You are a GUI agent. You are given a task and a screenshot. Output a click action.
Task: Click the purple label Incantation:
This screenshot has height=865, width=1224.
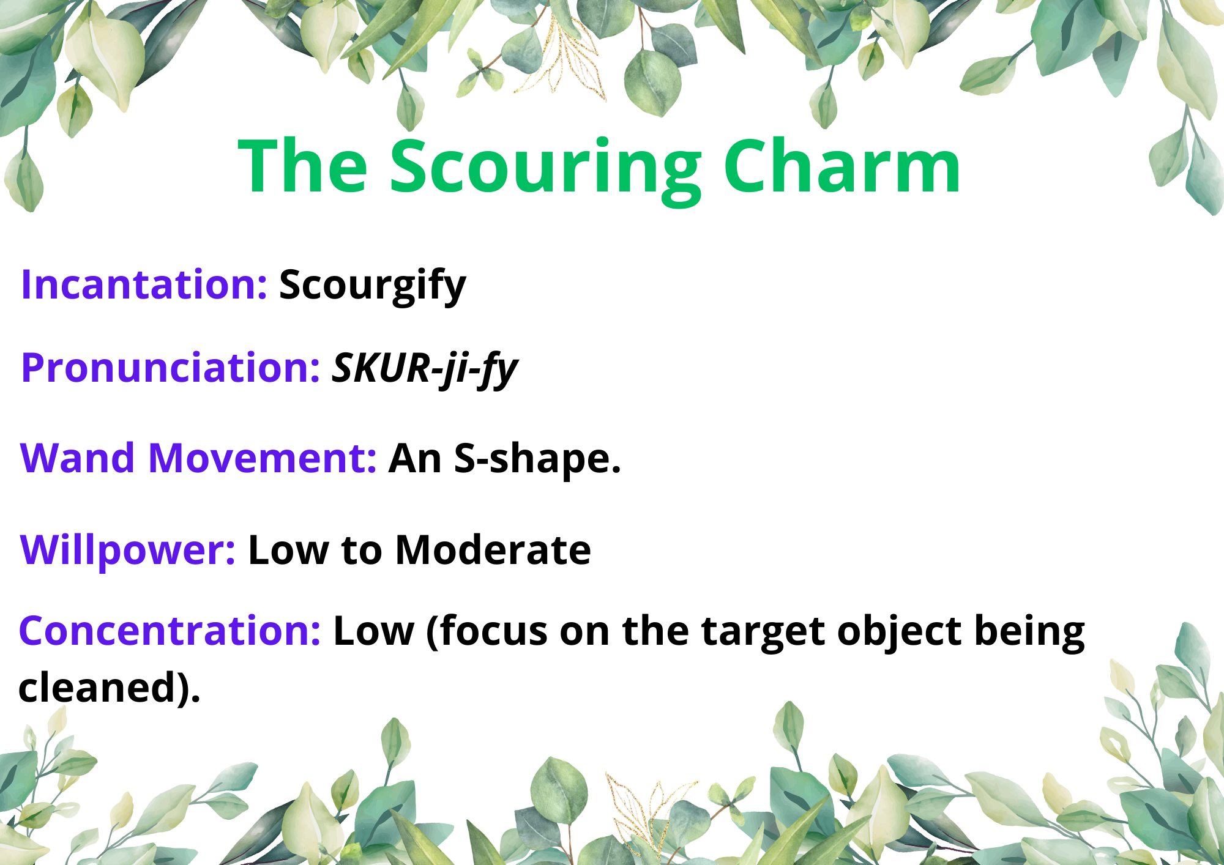144,284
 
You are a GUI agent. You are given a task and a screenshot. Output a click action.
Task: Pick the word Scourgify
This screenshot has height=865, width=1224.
373,286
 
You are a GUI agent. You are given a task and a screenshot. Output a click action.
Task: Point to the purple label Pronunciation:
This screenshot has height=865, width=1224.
171,369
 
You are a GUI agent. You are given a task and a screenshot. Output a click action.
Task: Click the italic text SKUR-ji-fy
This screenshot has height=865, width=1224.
425,369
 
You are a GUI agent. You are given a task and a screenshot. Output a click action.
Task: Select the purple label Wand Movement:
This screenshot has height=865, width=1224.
198,458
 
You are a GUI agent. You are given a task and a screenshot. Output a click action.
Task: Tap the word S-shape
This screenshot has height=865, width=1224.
537,460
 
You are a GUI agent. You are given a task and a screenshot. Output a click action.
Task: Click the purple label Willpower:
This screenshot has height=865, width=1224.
128,551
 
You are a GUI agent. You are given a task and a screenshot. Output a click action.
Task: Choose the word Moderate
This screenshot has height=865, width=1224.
493,550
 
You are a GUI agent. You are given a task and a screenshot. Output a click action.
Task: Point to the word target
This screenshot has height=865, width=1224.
763,633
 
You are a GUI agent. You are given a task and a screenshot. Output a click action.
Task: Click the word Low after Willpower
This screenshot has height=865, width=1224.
288,551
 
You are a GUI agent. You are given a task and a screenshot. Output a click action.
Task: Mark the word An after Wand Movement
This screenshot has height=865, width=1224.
415,459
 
